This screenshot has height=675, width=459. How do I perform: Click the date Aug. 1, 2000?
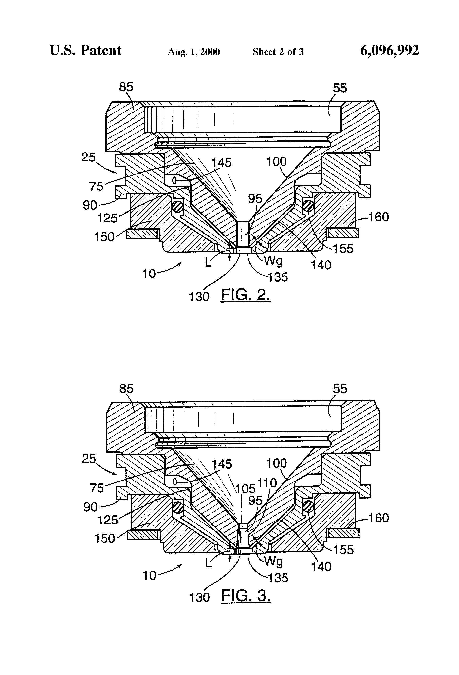[194, 52]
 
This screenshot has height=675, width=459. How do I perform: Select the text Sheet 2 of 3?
[278, 52]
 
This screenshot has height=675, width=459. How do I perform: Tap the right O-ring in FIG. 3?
[308, 507]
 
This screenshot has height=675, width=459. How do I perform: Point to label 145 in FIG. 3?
[222, 464]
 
